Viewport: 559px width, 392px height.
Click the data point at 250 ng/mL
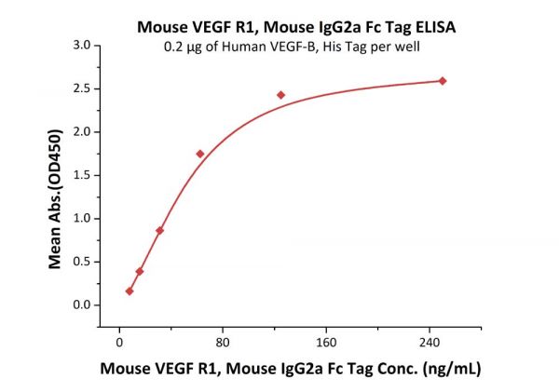(x=442, y=81)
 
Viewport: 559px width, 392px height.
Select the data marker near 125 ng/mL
(x=280, y=95)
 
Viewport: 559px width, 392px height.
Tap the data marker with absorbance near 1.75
(x=199, y=154)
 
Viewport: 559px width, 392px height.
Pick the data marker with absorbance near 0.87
(x=159, y=230)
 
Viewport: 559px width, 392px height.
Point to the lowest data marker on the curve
(x=130, y=291)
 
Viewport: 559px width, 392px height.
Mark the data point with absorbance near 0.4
(x=140, y=271)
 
